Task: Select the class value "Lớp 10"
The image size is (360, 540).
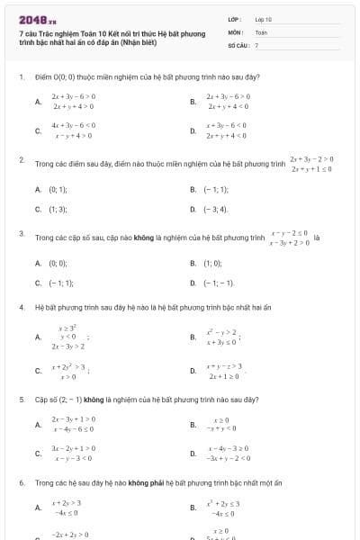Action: click(263, 18)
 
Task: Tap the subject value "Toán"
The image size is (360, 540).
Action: click(261, 31)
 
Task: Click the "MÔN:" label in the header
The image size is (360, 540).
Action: click(236, 31)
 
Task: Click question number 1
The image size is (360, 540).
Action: click(21, 77)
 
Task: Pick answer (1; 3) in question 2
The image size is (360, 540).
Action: click(58, 209)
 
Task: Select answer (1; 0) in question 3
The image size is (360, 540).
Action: click(212, 264)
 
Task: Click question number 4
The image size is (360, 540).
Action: click(21, 307)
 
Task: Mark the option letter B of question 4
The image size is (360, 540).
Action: click(193, 337)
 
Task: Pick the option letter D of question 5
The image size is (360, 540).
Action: click(193, 453)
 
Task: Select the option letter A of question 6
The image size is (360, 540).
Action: click(38, 508)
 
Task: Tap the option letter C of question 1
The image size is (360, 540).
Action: click(38, 130)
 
